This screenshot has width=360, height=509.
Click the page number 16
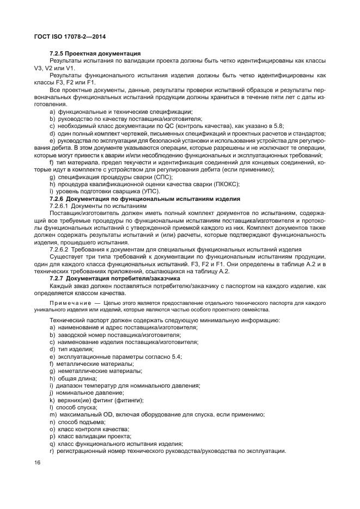click(38, 462)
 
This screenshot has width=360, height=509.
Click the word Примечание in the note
click(70, 302)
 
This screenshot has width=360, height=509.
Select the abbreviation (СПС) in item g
click(162, 177)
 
